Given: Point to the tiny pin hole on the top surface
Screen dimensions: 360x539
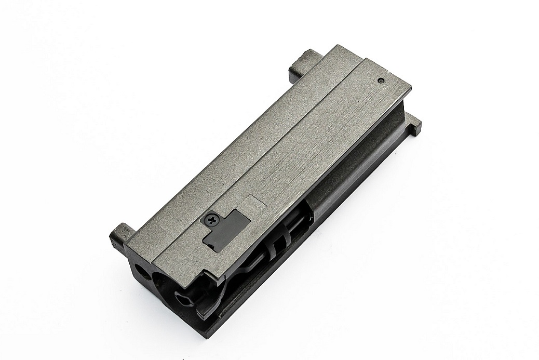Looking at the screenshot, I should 381,81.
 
